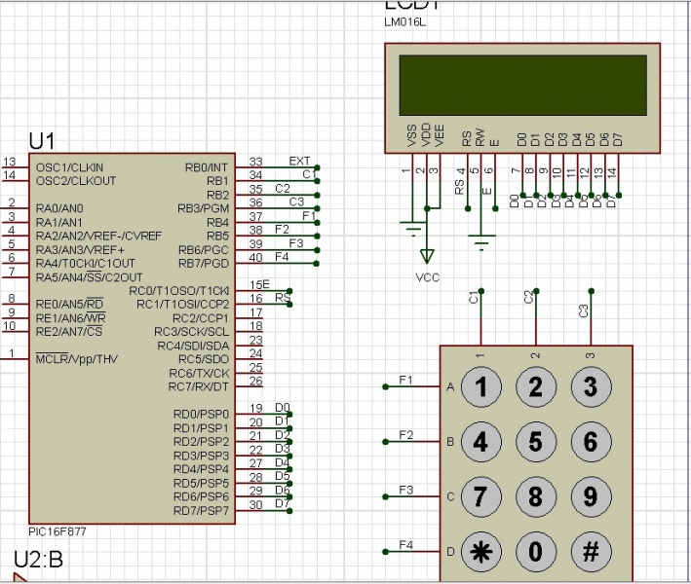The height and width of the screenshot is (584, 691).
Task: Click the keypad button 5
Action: coord(535,442)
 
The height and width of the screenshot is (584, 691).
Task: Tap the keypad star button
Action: coord(480,551)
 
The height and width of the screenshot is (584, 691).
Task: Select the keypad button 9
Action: coord(590,496)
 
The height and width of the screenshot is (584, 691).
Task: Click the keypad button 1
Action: coord(480,387)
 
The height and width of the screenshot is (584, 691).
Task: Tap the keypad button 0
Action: coord(535,551)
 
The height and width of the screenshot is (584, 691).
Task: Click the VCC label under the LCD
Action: coord(427,277)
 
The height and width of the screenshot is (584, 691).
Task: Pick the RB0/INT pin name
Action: coord(206,167)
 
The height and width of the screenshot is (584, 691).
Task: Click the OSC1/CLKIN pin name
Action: coord(69,167)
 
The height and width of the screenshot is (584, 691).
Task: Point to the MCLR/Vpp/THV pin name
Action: coord(77,358)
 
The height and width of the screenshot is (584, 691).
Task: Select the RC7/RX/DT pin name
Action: coord(199,386)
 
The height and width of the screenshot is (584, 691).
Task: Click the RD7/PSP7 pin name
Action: coord(200,510)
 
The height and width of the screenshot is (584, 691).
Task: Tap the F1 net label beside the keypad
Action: coord(406,379)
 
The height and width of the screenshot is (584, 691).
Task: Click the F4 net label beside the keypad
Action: coord(406,543)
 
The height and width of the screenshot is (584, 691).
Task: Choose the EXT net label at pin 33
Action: coord(300,161)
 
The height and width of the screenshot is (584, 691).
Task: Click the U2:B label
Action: coord(39,559)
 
